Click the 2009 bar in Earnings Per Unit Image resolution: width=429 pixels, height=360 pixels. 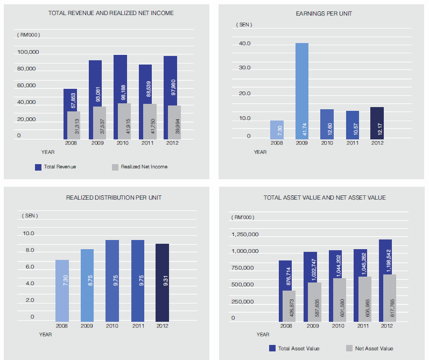tap(302, 91)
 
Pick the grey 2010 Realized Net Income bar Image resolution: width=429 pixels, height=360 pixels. tap(124, 122)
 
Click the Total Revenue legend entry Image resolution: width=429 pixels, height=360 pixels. tap(55, 167)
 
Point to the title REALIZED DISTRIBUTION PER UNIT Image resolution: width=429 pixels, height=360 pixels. tap(114, 197)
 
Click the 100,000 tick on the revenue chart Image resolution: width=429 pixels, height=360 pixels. tap(27, 52)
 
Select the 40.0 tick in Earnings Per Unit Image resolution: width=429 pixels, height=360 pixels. tap(245, 44)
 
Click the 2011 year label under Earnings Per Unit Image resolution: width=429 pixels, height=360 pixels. tap(353, 144)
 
